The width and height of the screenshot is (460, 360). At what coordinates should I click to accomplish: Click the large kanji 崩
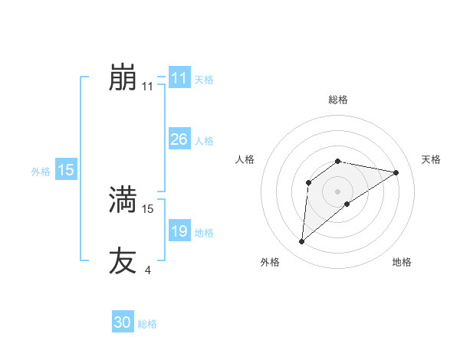point(123,77)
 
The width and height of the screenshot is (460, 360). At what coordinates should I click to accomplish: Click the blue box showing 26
point(179,139)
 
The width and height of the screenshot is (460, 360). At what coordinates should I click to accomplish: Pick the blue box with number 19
point(179,231)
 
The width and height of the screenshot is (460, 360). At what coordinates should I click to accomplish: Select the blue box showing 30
point(123,322)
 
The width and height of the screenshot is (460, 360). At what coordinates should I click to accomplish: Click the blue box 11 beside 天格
point(179,78)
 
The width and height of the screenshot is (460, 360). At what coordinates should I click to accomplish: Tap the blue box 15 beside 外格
point(66,170)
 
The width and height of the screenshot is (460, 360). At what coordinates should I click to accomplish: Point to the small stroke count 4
point(147,270)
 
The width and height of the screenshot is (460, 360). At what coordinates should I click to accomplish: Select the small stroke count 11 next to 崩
point(148,87)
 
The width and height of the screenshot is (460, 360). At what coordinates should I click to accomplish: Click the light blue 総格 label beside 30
point(147,324)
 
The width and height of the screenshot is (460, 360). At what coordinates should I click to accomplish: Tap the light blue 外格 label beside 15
point(41,172)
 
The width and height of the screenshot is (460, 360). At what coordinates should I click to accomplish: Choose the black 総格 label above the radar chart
point(337,100)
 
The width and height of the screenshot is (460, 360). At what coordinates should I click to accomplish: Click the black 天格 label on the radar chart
point(432,159)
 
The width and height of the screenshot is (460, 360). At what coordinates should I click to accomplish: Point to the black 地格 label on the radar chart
point(402,262)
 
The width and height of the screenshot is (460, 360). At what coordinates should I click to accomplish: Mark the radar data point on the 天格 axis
point(396,172)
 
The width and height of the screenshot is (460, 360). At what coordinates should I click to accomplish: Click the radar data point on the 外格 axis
point(302,242)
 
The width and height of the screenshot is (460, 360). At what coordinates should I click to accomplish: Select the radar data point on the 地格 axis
point(348,204)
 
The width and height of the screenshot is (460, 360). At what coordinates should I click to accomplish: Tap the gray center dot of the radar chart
point(337,191)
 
